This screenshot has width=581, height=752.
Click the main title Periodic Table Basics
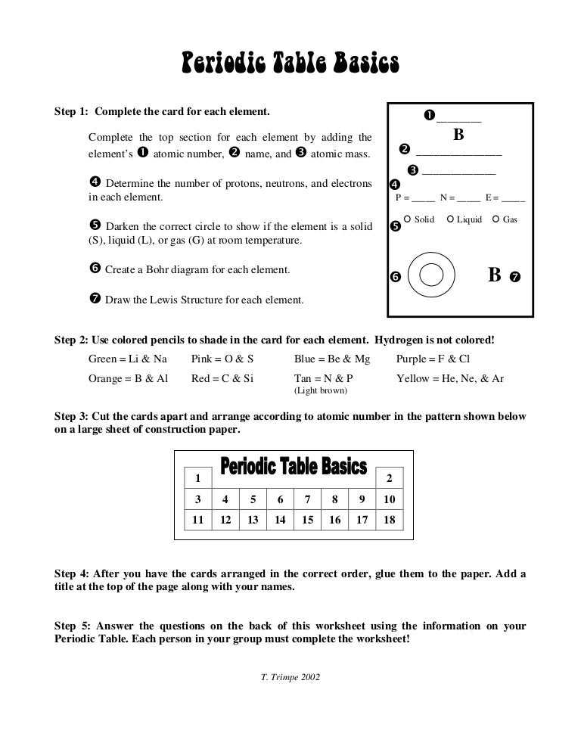290,64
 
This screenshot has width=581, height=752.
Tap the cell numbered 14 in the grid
280,520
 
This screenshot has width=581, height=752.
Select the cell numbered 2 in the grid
390,477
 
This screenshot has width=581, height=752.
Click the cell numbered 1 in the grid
197,477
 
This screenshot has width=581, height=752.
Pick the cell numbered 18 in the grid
390,520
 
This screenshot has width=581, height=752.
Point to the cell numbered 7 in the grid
307,499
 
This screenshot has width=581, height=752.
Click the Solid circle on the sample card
408,219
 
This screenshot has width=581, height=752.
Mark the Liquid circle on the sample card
450,219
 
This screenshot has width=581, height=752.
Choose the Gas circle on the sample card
496,219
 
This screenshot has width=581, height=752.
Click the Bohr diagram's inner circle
431,275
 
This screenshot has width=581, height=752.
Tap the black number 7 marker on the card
515,277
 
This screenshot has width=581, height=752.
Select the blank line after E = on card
513,200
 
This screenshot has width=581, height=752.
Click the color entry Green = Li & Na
128,359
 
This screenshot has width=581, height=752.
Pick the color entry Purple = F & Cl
433,359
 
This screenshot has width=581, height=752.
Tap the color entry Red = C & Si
222,378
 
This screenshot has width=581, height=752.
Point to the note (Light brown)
321,390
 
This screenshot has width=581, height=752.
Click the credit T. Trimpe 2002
290,677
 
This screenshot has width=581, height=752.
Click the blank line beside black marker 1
458,120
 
